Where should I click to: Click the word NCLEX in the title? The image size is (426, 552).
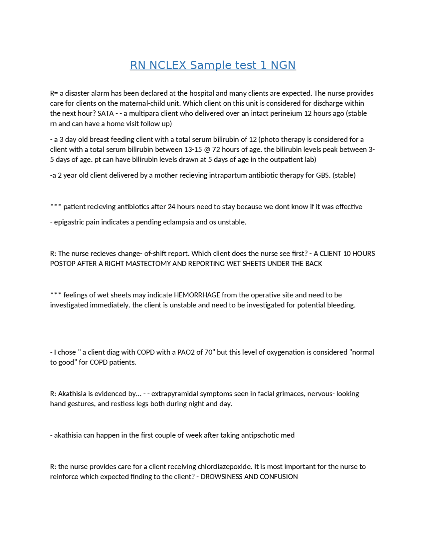coord(168,65)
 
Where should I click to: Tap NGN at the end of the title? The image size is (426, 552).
coord(283,65)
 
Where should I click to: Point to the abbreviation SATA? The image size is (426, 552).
coord(106,113)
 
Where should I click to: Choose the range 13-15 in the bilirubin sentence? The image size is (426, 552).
coord(193,149)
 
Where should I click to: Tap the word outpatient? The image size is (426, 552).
coord(286,159)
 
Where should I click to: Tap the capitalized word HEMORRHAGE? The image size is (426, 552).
coord(197,295)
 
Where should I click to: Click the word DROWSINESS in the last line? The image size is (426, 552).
coord(221,477)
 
